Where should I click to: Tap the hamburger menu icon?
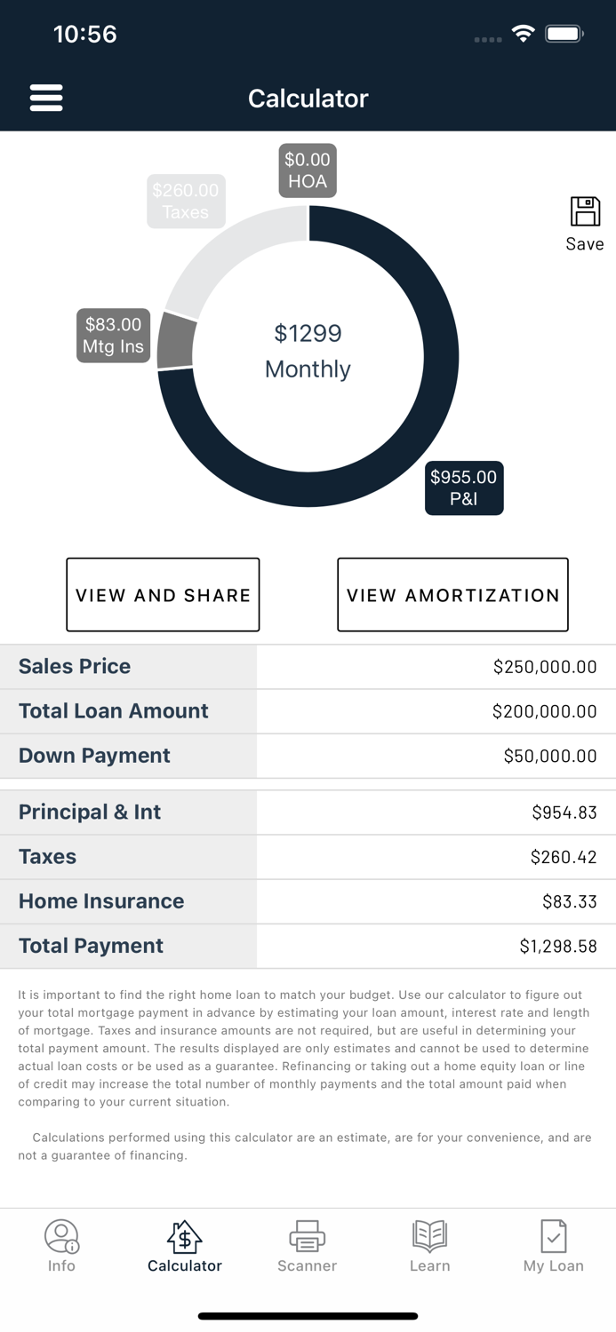pos(46,98)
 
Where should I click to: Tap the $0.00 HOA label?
pos(308,170)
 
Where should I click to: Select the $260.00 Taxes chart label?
pos(185,202)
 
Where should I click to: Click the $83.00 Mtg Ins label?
pos(113,336)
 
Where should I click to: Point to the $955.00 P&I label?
pos(464,488)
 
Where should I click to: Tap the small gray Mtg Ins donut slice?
pos(176,341)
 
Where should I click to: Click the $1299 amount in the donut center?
pos(308,334)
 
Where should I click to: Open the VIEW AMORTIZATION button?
pos(452,595)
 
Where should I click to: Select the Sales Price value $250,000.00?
pos(544,667)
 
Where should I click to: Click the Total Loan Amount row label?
pos(114,711)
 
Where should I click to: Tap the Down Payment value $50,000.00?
pos(549,756)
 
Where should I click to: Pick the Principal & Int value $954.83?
pos(564,813)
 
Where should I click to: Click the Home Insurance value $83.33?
pos(569,901)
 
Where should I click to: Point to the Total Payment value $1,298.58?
pos(557,947)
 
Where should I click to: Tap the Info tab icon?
pos(61,1236)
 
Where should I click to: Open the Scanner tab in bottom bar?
pos(307,1247)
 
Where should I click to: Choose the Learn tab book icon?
pos(429,1236)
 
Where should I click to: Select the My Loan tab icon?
pos(553,1236)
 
